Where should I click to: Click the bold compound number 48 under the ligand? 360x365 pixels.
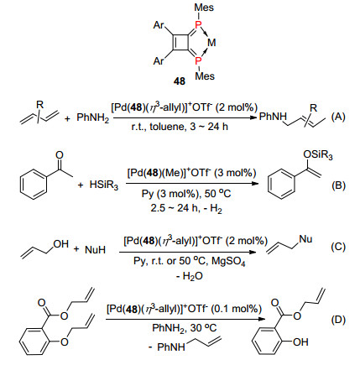click(x=180, y=81)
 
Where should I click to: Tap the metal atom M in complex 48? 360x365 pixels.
click(x=211, y=43)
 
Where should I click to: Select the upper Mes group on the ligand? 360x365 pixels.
click(x=204, y=8)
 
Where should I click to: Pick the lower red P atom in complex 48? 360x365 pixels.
click(x=198, y=60)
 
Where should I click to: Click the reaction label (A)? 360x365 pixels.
click(x=338, y=117)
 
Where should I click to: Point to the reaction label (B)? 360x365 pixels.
click(x=338, y=185)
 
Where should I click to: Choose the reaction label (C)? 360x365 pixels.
click(x=338, y=247)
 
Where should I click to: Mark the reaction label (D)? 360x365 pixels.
click(x=338, y=320)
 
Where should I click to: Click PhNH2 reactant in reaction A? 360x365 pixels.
click(x=93, y=117)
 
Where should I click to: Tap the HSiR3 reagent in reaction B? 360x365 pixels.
click(x=104, y=185)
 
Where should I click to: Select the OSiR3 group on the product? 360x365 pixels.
click(x=318, y=154)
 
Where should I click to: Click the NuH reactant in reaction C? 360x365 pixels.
click(x=95, y=249)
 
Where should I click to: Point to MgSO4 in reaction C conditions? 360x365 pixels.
click(x=228, y=262)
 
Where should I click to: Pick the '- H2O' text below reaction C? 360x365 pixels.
click(x=190, y=276)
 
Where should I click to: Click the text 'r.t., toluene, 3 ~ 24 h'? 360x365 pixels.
click(x=180, y=127)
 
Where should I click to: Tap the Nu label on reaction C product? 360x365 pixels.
click(x=305, y=239)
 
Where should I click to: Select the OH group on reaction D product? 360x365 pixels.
click(x=300, y=342)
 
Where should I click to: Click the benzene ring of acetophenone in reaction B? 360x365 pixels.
click(x=33, y=184)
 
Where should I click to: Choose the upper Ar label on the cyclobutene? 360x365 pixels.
click(x=159, y=25)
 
